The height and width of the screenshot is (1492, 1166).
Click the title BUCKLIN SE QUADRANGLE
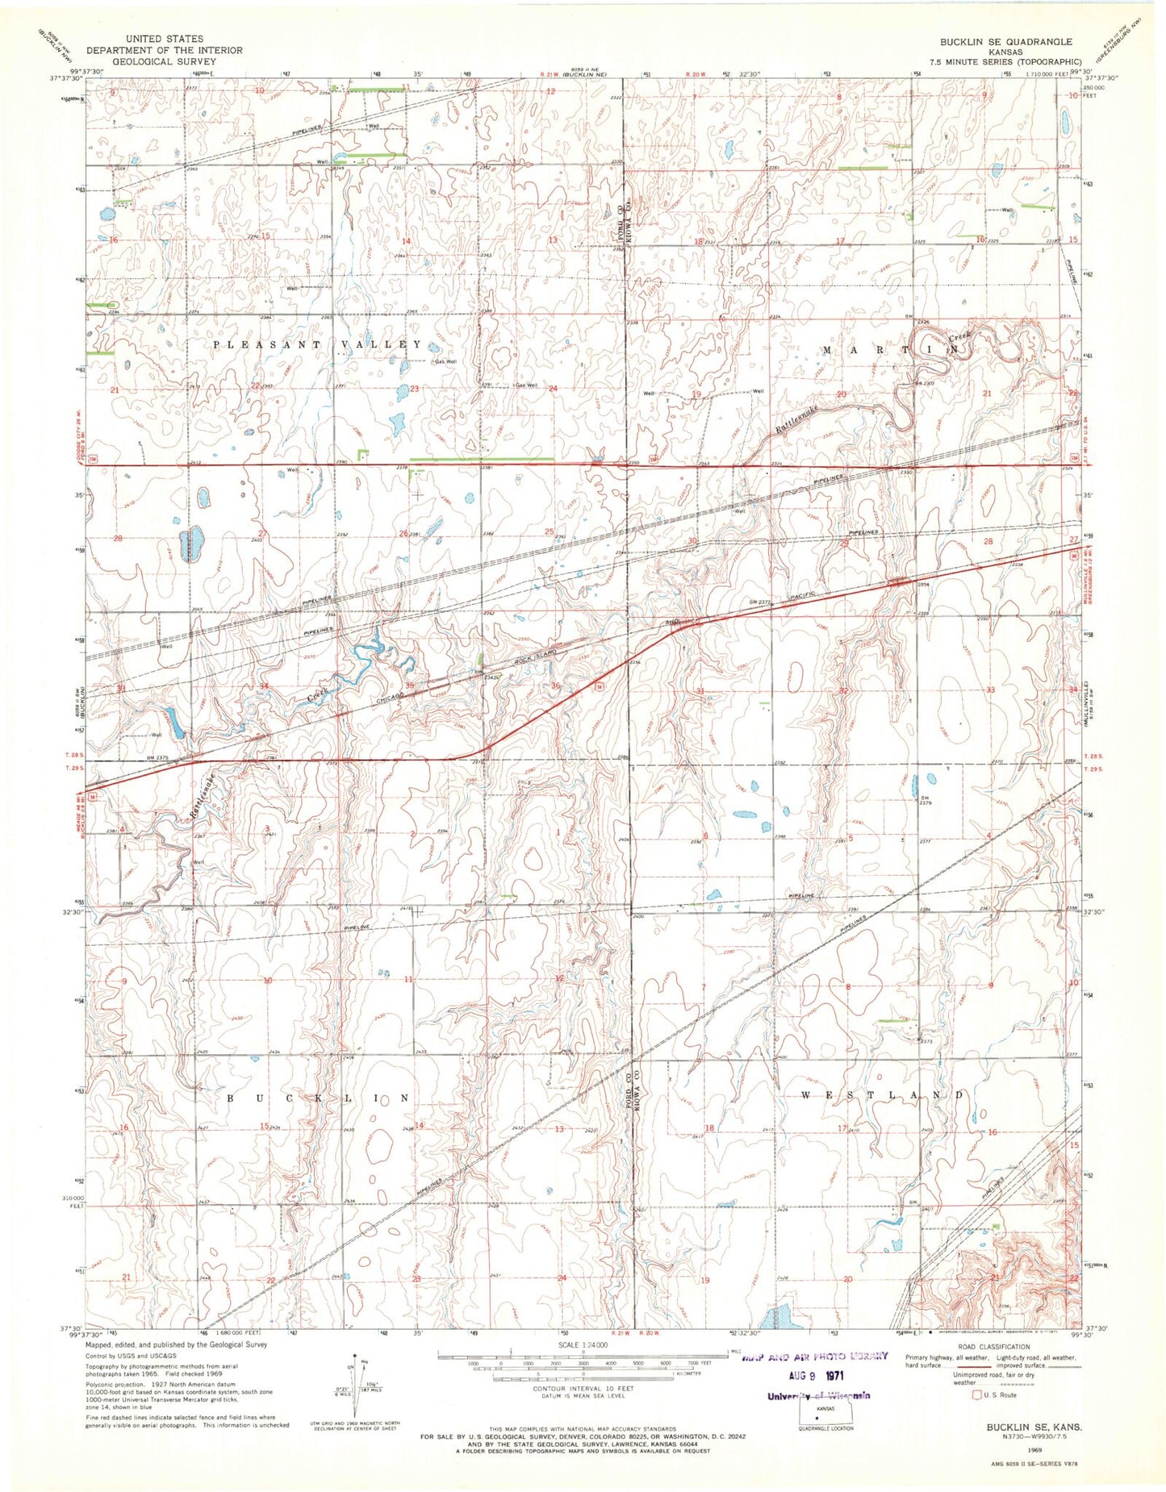pos(1005,42)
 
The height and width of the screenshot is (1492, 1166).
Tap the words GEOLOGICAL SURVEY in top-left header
pos(164,61)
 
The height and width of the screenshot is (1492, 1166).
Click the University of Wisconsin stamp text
pos(818,1396)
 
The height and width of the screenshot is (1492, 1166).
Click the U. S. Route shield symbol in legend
pos(976,1394)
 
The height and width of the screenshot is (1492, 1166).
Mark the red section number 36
pos(555,686)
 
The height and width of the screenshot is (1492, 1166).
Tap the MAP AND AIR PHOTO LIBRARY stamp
pos(814,1356)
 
